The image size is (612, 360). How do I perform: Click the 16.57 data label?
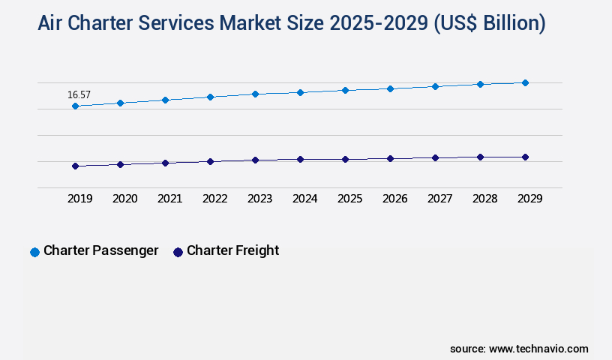[79, 94]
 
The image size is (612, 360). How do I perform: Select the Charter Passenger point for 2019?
[75, 106]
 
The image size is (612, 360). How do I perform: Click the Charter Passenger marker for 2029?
[525, 82]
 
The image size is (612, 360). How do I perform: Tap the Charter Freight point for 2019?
[75, 166]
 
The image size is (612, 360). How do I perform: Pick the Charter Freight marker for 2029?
[525, 157]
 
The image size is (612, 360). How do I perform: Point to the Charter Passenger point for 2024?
[300, 92]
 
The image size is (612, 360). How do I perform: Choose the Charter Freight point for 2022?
[210, 161]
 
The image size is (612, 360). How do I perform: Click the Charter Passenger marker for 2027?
[435, 86]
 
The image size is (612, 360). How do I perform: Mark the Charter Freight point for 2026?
[390, 158]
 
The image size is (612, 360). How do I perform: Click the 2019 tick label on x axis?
[80, 199]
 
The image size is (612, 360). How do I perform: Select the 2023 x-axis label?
[259, 199]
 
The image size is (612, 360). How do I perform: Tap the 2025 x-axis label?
[349, 199]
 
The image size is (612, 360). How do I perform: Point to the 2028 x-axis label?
[484, 199]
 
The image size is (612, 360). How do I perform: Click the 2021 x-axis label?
[169, 199]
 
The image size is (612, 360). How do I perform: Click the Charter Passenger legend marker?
[34, 252]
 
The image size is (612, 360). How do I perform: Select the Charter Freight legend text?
[232, 250]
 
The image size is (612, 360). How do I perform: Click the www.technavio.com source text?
[538, 349]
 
